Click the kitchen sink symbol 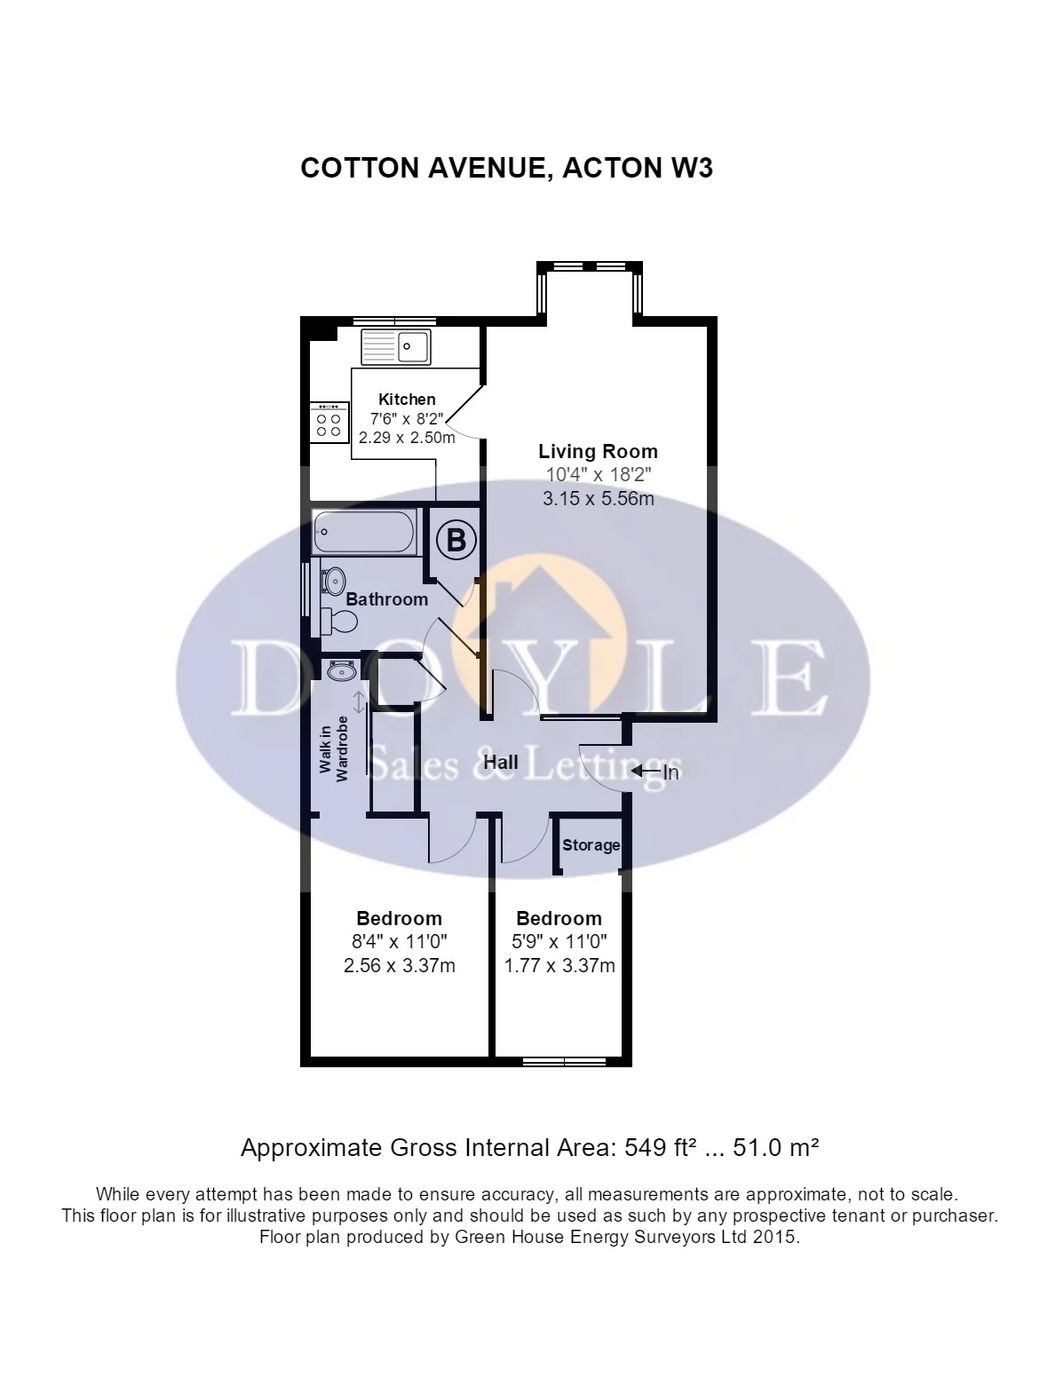click(396, 345)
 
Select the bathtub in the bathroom click(364, 533)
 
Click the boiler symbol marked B click(456, 540)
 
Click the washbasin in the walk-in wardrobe click(339, 671)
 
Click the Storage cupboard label click(591, 845)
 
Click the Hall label click(501, 762)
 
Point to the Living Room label click(598, 451)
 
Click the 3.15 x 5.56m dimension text click(598, 499)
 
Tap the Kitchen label click(407, 399)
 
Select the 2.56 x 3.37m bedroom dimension click(399, 966)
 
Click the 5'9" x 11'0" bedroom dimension click(559, 942)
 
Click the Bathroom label click(386, 599)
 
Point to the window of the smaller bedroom click(564, 1061)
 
